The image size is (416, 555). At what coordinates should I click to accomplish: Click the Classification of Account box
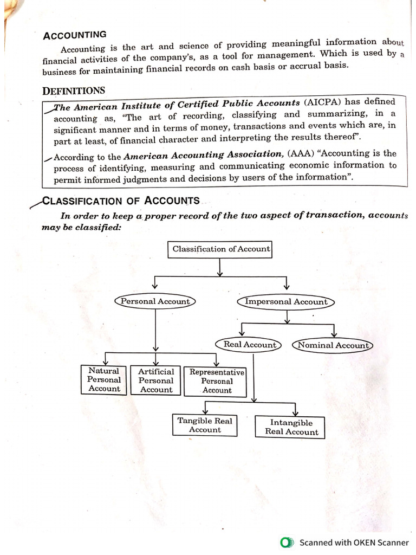coord(220,249)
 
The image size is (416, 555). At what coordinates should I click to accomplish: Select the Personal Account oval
coord(155,301)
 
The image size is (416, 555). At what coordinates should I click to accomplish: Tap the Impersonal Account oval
coord(286,302)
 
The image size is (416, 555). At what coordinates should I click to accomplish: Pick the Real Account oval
coord(249,345)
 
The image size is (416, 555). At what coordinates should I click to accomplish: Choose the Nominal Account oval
coord(333,345)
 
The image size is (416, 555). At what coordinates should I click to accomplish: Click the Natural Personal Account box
coord(104,380)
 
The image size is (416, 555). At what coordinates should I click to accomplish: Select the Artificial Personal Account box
coord(156,380)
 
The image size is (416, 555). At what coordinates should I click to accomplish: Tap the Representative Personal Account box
coord(217,381)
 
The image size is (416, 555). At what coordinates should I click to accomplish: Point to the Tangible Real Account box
coord(205,425)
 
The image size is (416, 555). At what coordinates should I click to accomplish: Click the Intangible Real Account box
coord(291,427)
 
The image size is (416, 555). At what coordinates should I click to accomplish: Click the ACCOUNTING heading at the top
coord(75,35)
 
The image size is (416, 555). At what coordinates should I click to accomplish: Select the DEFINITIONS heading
coord(74,91)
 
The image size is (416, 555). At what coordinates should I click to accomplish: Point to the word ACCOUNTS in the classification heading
coord(172,200)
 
